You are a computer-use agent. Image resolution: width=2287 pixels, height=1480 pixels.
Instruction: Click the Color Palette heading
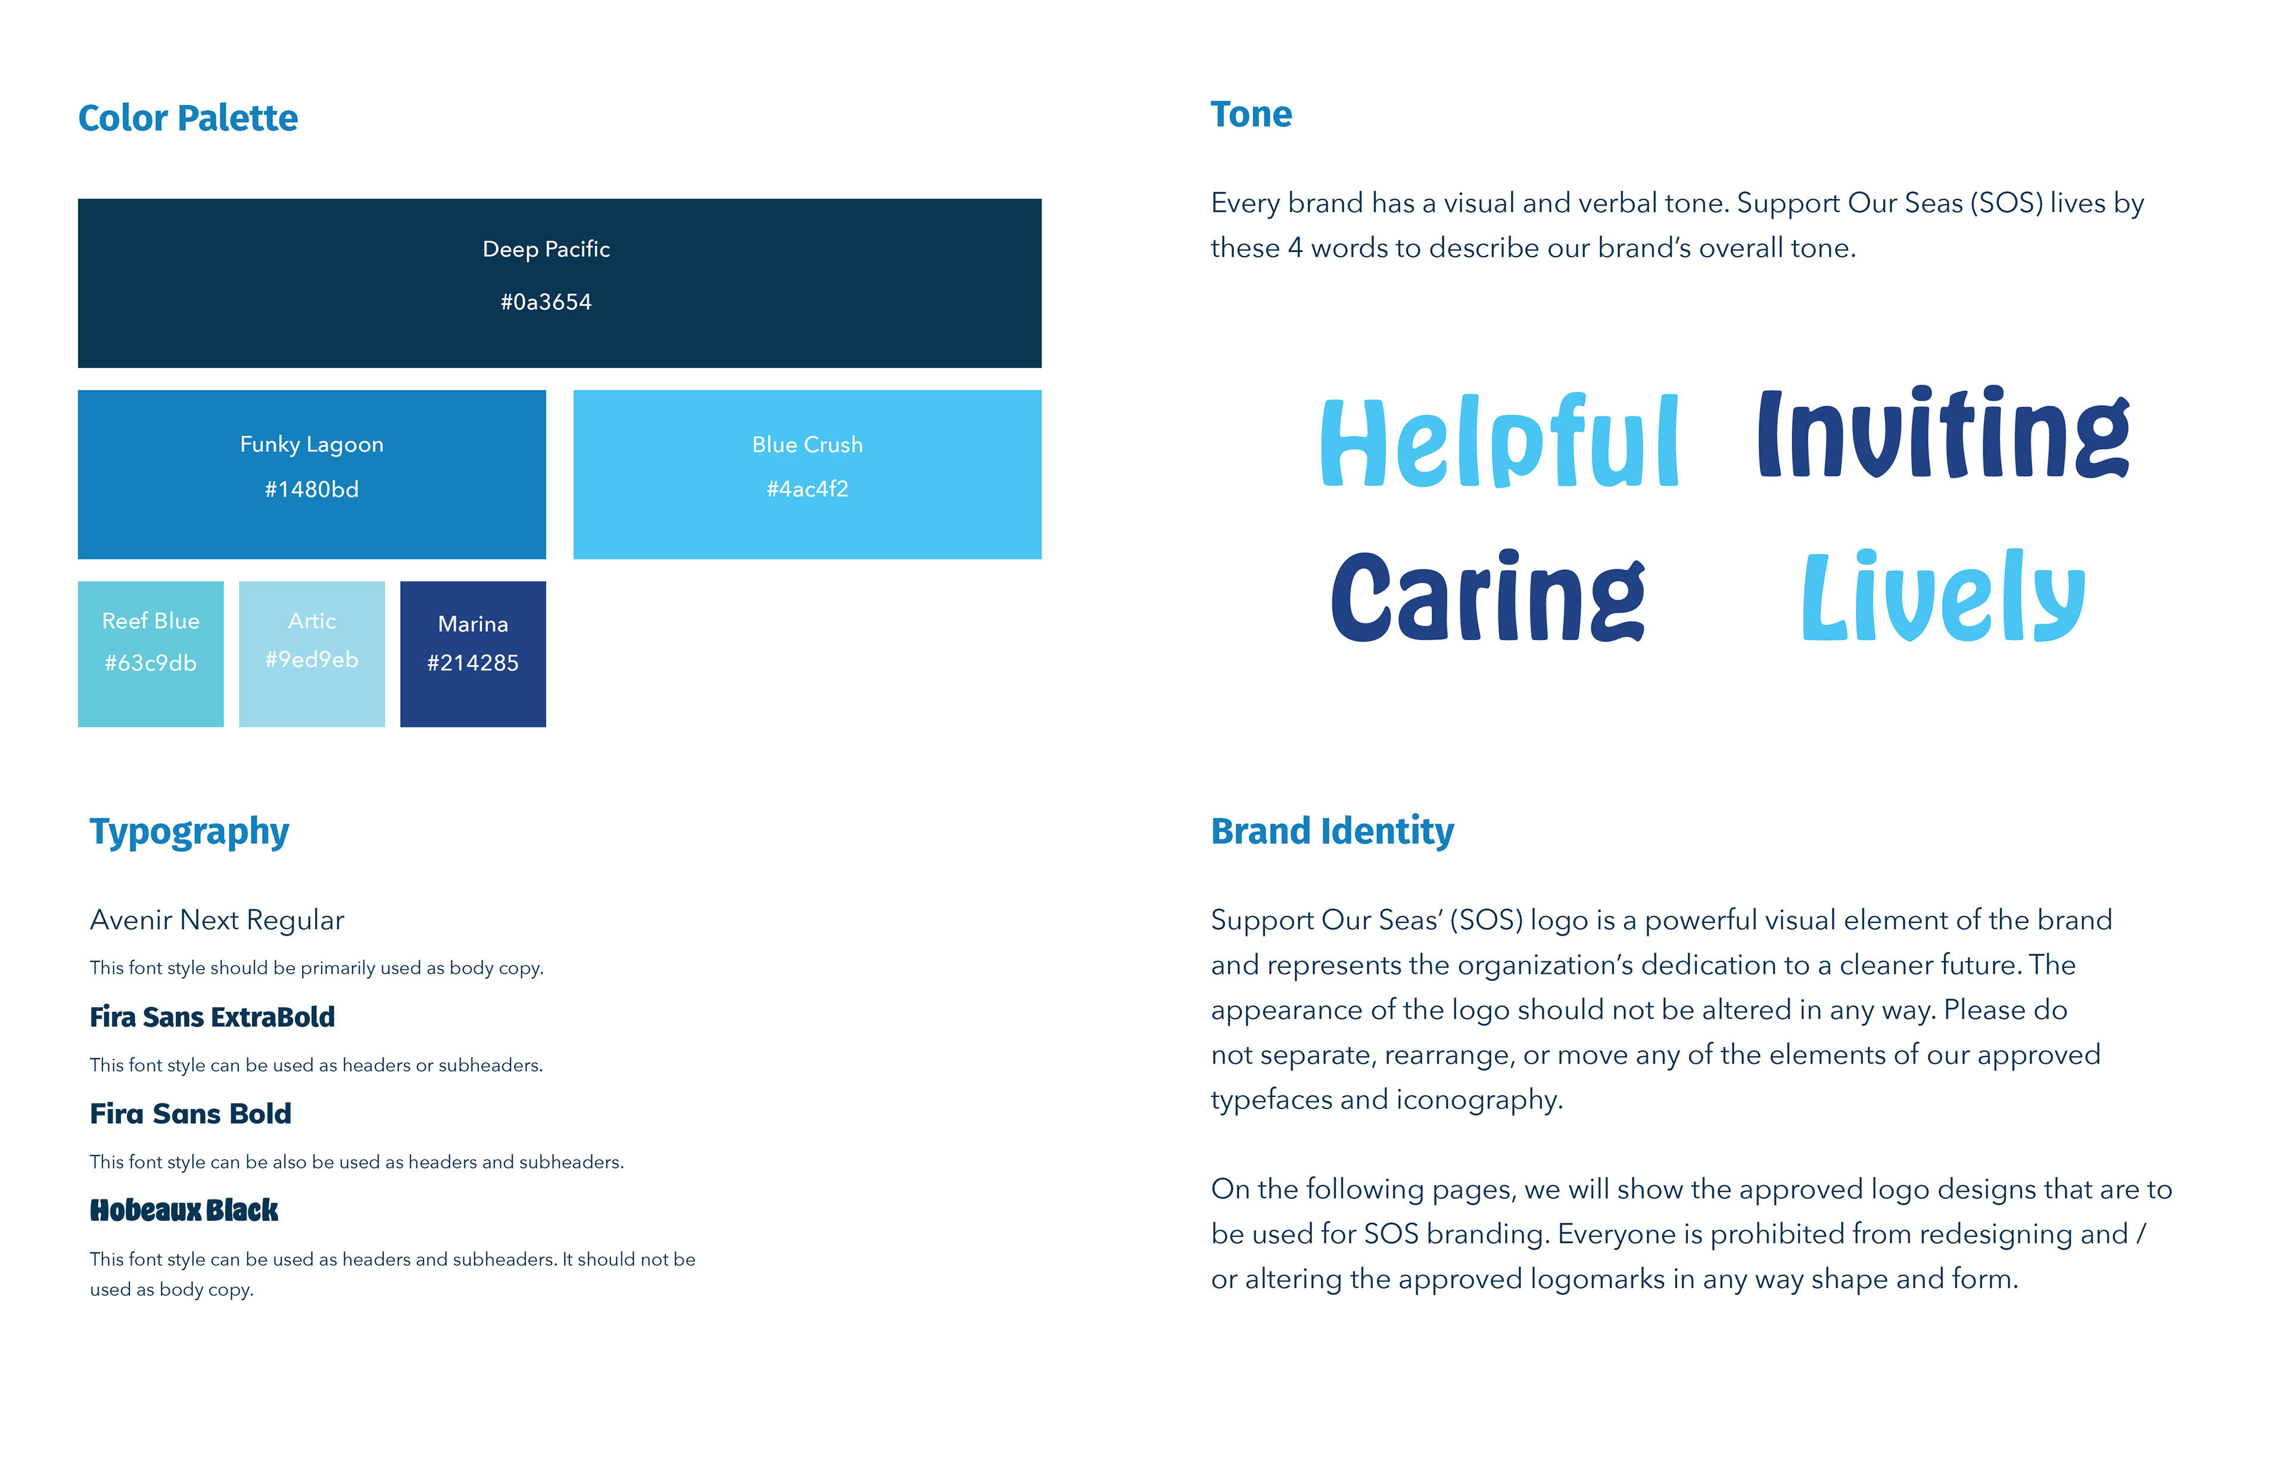188,118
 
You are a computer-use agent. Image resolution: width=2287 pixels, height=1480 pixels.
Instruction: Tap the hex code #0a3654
546,302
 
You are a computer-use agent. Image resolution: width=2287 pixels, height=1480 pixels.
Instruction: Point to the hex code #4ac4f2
807,489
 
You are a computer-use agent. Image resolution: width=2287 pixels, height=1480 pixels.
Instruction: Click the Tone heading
1251,114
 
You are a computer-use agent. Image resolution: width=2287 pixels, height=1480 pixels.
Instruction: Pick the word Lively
1943,596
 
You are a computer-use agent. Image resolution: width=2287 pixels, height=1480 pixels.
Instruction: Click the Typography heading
189,831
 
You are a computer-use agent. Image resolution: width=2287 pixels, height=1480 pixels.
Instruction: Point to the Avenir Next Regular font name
217,920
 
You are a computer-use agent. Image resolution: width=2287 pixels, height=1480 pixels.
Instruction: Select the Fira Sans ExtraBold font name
213,1017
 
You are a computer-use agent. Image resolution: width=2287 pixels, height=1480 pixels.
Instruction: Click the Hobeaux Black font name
183,1210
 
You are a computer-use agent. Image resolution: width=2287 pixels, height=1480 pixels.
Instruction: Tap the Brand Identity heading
1332,831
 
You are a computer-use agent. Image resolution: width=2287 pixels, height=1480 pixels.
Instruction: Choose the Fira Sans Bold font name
190,1114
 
